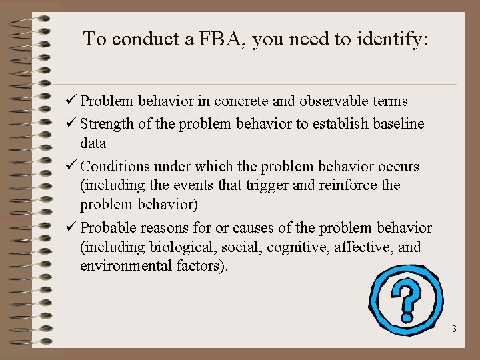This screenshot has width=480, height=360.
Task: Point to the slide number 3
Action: [454, 329]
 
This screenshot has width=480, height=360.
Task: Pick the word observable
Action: [331, 101]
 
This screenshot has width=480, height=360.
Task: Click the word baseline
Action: [399, 124]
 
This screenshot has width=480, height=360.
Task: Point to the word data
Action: [93, 143]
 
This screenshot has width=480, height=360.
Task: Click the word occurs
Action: [395, 165]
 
